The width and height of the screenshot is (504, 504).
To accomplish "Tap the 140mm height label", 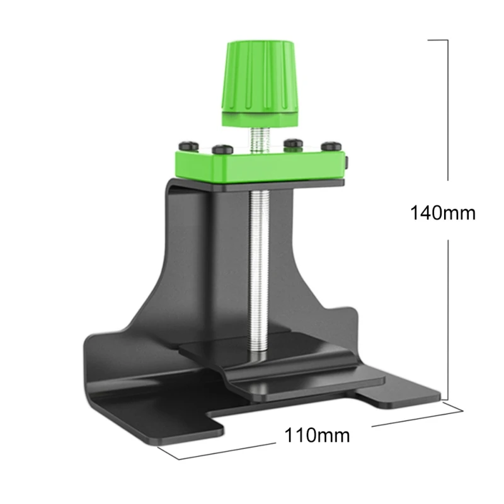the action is (x=443, y=213).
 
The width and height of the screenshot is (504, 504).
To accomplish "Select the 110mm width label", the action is (x=317, y=435).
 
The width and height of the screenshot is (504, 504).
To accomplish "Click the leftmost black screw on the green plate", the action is (x=188, y=146).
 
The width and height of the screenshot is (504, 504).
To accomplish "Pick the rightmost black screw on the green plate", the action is (x=331, y=146).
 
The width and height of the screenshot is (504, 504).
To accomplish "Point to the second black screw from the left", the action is (x=222, y=149).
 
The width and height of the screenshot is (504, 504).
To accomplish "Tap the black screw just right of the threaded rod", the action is (x=293, y=144).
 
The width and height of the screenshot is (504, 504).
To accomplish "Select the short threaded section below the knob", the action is (x=260, y=139).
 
